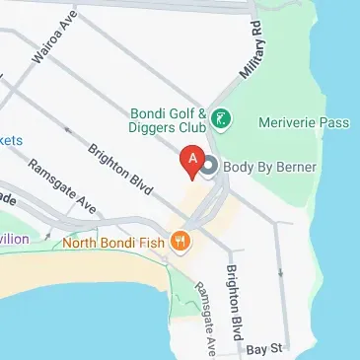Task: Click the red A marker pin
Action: coord(192,160)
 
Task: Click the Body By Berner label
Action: coord(269,168)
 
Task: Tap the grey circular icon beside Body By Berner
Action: coord(209,169)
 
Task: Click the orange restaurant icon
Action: coord(180,240)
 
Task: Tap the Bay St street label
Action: coord(263,349)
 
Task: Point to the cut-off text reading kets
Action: coord(11,140)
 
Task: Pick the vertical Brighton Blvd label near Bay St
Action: coord(235,301)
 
